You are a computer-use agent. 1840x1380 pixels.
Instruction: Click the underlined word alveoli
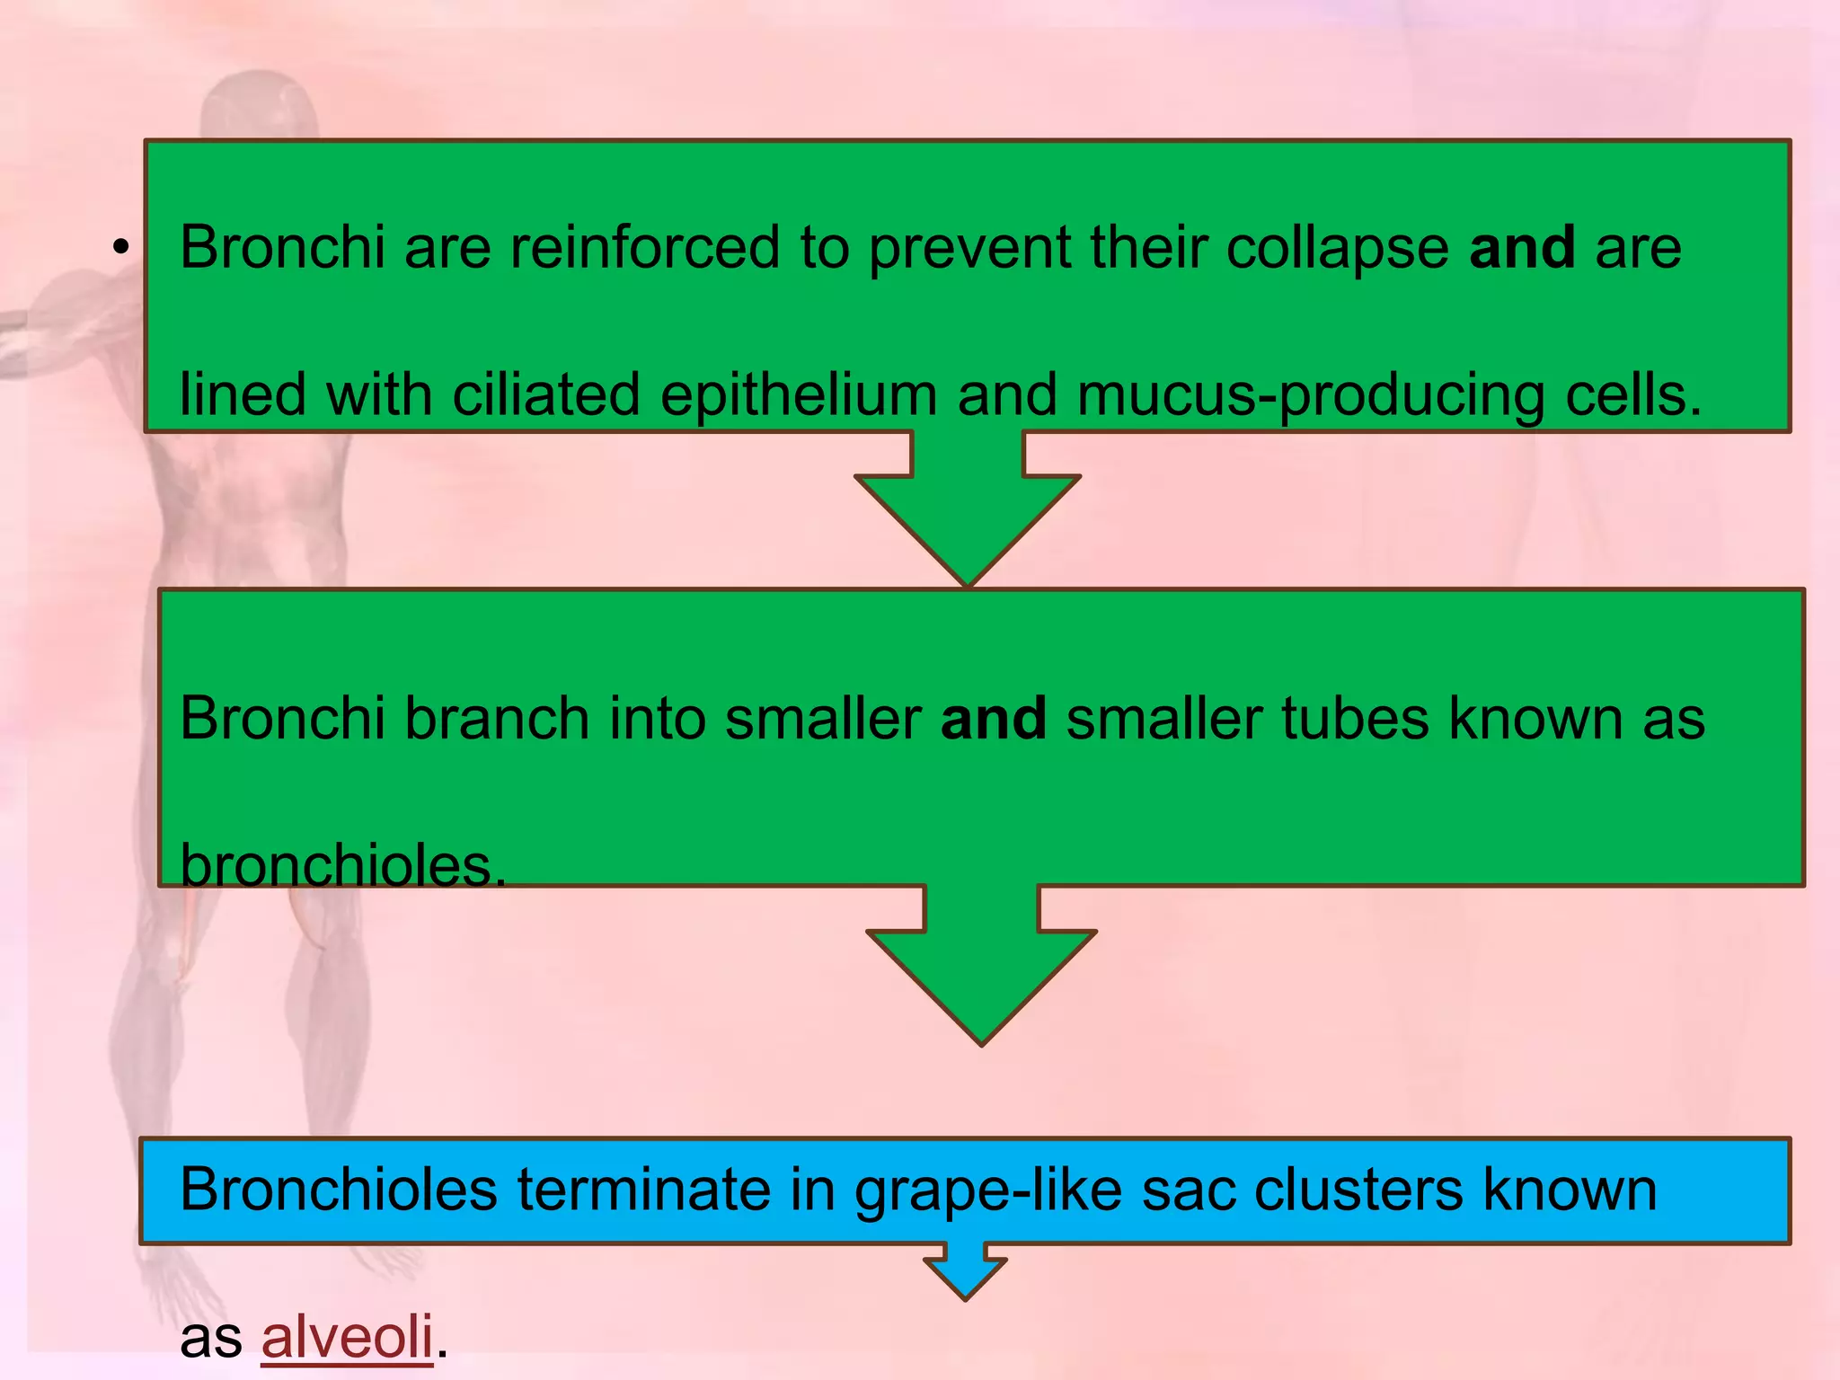(x=347, y=1337)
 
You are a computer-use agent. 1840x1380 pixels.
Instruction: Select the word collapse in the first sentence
(x=1337, y=247)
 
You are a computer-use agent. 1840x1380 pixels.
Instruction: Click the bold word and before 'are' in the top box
(x=1522, y=247)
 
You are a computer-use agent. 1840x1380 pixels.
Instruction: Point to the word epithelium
(x=799, y=395)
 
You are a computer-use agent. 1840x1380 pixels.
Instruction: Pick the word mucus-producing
(x=1311, y=395)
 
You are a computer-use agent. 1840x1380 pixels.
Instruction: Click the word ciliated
(x=546, y=395)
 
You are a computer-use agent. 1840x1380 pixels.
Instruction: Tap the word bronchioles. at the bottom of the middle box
(x=343, y=866)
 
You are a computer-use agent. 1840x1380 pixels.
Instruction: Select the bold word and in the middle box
(x=994, y=719)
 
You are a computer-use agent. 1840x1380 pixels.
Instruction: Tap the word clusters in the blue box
(x=1358, y=1190)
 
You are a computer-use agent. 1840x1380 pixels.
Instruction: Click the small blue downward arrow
(x=965, y=1272)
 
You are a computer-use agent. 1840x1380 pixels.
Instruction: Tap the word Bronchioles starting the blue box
(x=339, y=1190)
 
